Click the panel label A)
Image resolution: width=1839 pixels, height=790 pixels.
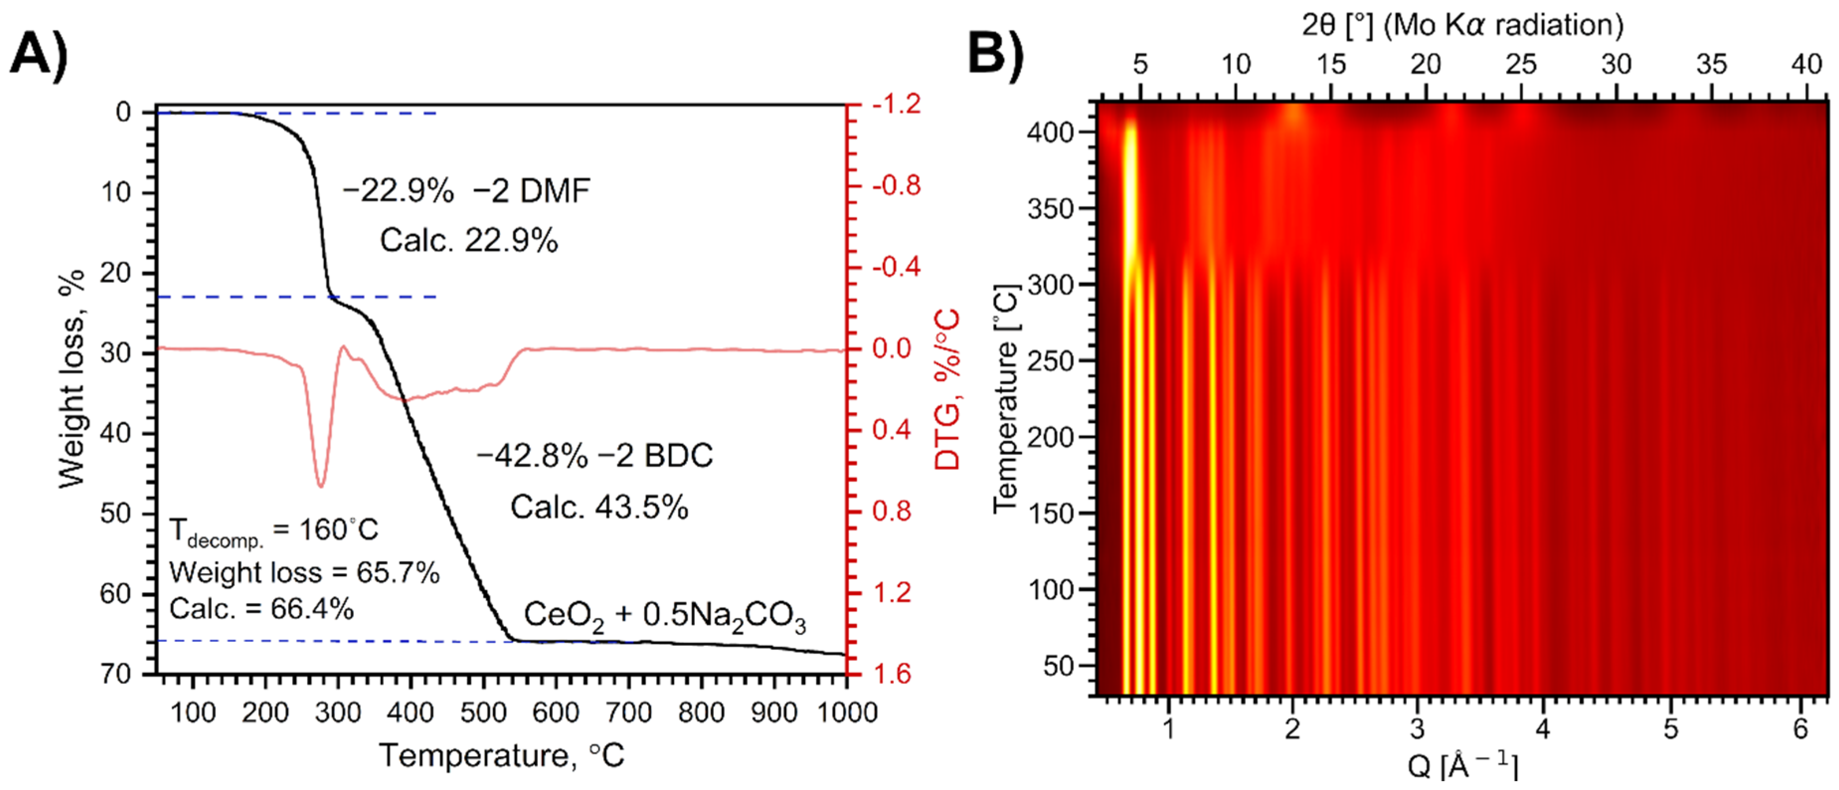click(39, 54)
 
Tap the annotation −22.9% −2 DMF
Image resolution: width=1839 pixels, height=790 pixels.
click(466, 191)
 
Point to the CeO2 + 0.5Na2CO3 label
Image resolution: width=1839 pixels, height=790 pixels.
click(665, 615)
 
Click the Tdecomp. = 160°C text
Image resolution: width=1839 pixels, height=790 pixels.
click(273, 530)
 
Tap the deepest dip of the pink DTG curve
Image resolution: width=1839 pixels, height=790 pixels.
click(321, 486)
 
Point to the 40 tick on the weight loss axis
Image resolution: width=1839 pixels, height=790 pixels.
click(116, 433)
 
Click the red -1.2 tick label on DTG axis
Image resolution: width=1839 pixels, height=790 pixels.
click(897, 104)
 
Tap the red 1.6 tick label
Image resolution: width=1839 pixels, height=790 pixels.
click(892, 673)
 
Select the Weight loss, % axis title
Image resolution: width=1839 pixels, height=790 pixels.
click(72, 378)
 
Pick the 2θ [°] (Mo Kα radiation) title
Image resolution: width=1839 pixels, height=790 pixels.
click(1462, 25)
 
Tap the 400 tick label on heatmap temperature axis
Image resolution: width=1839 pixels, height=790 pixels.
click(1050, 132)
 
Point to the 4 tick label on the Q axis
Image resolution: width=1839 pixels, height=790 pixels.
click(1543, 728)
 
